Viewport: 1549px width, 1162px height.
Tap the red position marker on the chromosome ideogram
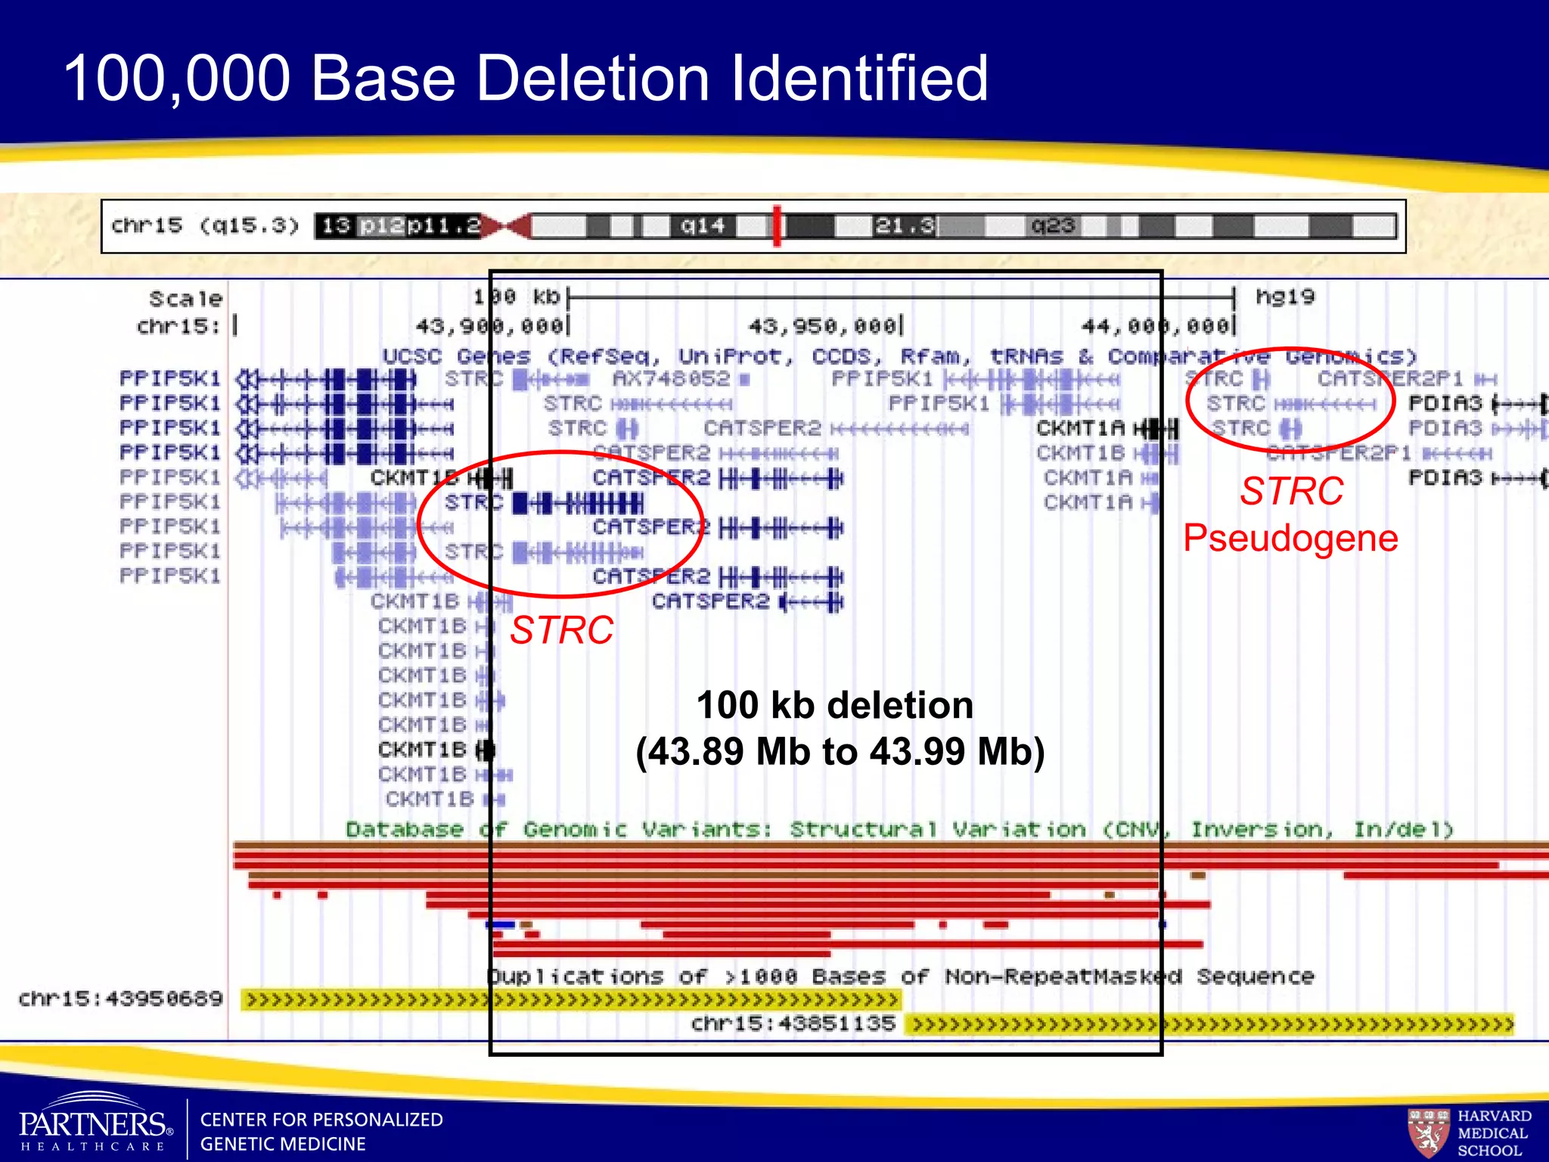click(x=777, y=225)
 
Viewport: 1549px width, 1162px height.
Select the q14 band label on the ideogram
click(x=703, y=225)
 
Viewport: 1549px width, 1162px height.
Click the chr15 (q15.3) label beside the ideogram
click(x=205, y=225)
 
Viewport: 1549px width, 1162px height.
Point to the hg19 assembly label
click(x=1285, y=297)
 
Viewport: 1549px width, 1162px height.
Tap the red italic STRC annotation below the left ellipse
click(x=561, y=629)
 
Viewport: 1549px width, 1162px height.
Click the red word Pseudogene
click(x=1290, y=538)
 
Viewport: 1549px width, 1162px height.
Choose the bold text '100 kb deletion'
click(x=834, y=705)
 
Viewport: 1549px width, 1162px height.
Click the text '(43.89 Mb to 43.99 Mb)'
click(x=840, y=752)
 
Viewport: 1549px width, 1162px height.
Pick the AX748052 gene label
click(x=672, y=378)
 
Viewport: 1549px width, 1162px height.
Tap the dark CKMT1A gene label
click(x=1081, y=428)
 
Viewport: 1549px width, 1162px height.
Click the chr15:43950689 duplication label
click(x=121, y=999)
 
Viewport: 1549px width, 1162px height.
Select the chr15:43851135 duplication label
click(x=793, y=1024)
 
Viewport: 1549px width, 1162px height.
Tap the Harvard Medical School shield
click(x=1428, y=1132)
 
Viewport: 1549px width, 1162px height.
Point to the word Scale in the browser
click(x=185, y=299)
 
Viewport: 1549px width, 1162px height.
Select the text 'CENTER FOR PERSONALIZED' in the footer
click(x=321, y=1120)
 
